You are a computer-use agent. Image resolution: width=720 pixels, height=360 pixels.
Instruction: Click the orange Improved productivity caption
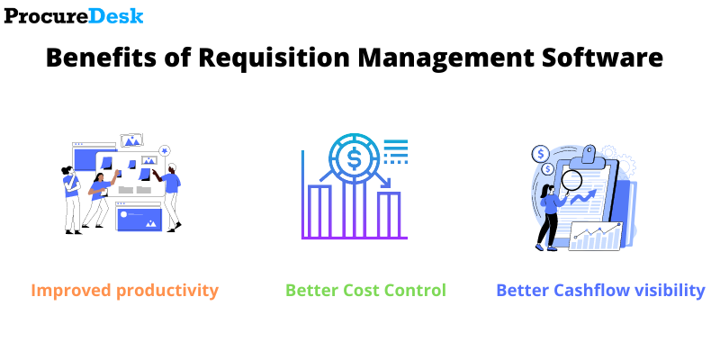pyautogui.click(x=124, y=291)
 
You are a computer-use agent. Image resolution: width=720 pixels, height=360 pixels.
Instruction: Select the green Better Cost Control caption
pyautogui.click(x=365, y=291)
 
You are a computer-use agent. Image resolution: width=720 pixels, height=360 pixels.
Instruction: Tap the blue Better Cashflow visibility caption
pyautogui.click(x=600, y=291)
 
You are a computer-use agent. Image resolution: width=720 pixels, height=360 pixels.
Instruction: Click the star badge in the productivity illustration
pyautogui.click(x=165, y=149)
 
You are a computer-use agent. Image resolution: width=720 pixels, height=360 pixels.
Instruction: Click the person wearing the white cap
pyautogui.click(x=171, y=193)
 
